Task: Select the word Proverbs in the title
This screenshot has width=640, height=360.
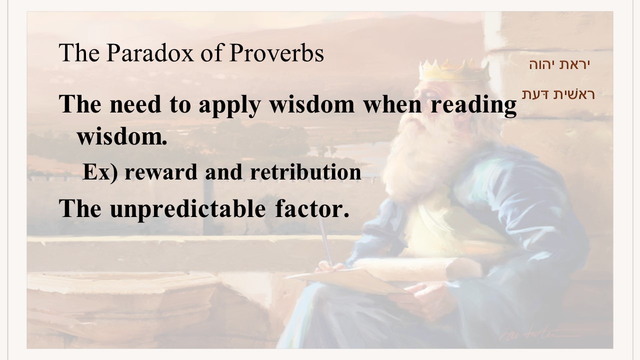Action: [x=276, y=53]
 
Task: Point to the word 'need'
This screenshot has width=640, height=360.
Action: [x=135, y=104]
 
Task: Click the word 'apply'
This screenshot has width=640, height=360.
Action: [x=229, y=105]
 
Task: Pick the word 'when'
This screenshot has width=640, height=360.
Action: [x=392, y=104]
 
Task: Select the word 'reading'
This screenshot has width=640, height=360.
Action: [x=473, y=105]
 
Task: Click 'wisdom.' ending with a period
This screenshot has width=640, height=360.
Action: [x=122, y=136]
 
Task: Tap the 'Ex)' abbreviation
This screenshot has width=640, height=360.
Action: [x=100, y=172]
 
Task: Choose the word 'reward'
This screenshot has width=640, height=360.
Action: [x=161, y=172]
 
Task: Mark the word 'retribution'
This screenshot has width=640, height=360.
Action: [x=305, y=172]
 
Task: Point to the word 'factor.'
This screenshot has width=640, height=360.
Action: [x=312, y=208]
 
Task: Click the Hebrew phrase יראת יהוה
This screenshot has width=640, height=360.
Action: [x=559, y=64]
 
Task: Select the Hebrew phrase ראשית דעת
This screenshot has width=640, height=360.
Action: [x=558, y=94]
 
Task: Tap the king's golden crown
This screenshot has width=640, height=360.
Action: [x=454, y=70]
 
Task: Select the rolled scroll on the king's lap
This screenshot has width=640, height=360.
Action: [x=417, y=269]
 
